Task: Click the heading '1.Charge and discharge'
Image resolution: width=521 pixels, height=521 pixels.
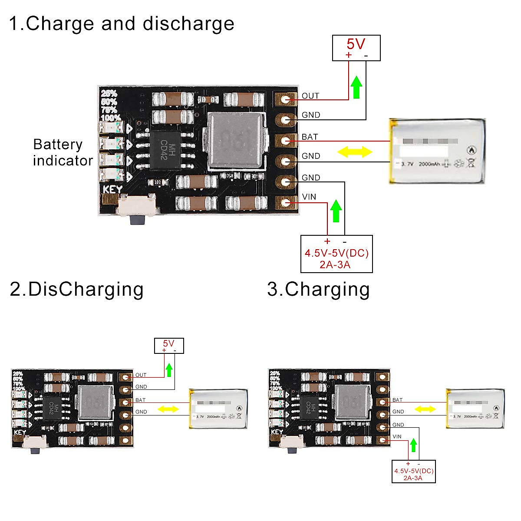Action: coord(122,23)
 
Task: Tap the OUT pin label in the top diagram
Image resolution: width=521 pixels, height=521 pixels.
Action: coord(310,96)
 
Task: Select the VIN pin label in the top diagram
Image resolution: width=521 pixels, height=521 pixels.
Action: coord(309,197)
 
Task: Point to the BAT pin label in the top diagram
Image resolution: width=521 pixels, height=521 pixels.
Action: coord(310,137)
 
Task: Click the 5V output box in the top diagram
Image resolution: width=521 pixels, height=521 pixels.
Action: coord(356,48)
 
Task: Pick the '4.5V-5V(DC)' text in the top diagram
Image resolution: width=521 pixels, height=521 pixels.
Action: coord(336,253)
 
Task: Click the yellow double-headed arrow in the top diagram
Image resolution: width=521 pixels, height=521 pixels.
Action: coord(355,152)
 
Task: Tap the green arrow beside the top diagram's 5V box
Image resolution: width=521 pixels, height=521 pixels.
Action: coord(356,87)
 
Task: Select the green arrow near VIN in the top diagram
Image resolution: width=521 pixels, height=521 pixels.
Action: coord(336,211)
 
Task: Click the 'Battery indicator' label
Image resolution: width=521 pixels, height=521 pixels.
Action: coord(63,152)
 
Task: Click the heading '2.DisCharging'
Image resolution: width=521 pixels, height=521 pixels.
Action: coord(76,289)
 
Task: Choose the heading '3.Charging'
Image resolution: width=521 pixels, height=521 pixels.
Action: coord(318,289)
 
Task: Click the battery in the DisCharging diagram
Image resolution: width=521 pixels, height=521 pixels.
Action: coord(218,409)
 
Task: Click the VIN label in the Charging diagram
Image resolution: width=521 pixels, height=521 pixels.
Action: coord(397,437)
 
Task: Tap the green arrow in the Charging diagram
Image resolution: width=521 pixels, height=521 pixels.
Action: coord(413,445)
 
